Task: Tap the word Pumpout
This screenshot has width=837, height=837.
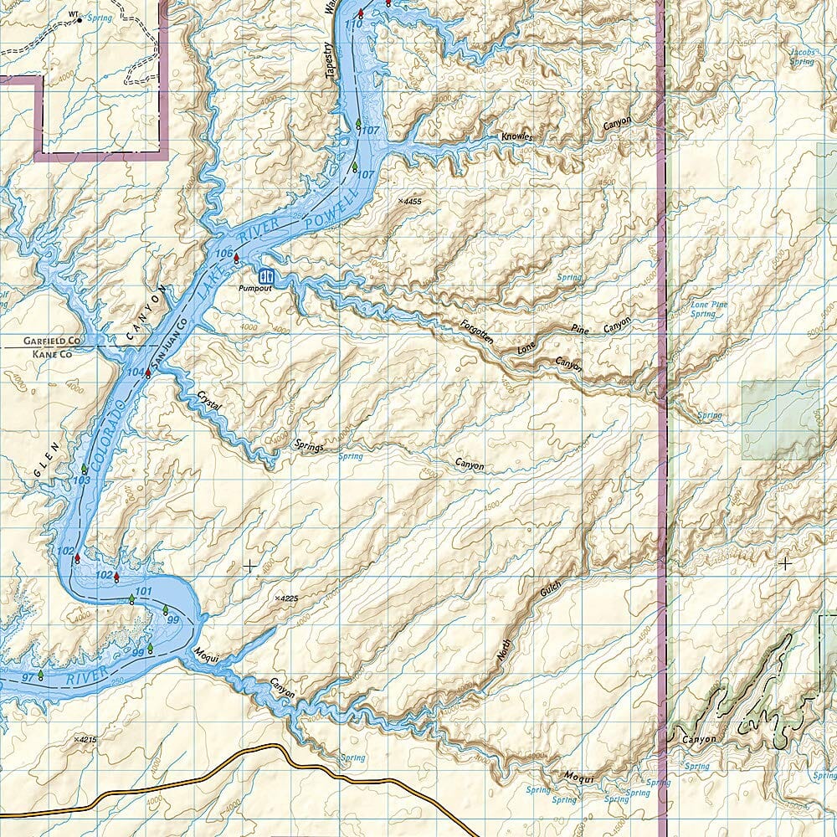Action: [254, 289]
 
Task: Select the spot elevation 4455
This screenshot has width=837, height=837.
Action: [410, 202]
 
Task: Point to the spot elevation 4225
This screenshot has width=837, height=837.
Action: [286, 598]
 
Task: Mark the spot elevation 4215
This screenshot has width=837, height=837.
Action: [85, 740]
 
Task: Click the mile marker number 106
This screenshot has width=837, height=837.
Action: [223, 253]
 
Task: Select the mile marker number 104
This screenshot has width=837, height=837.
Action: [135, 371]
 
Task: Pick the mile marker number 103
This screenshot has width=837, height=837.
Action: [81, 480]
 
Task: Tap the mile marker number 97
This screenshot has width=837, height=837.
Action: [28, 675]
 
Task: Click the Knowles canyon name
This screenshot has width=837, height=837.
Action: [516, 136]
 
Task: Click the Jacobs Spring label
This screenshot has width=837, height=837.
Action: [801, 57]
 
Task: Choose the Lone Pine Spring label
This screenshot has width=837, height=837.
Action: [703, 309]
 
